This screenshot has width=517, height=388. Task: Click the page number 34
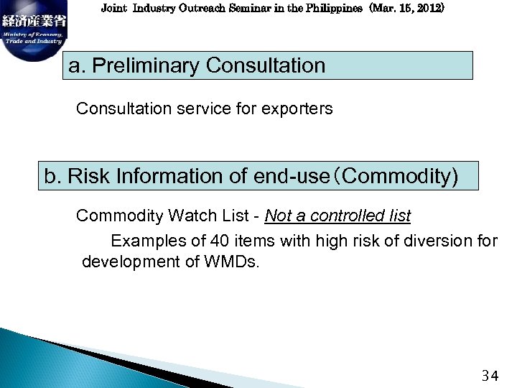pyautogui.click(x=490, y=375)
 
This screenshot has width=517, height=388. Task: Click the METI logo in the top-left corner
pyautogui.click(x=33, y=30)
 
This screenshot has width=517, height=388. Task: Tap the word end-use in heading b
pyautogui.click(x=290, y=176)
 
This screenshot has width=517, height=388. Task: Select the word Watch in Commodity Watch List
pyautogui.click(x=189, y=216)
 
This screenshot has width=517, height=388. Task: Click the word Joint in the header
pyautogui.click(x=113, y=9)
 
